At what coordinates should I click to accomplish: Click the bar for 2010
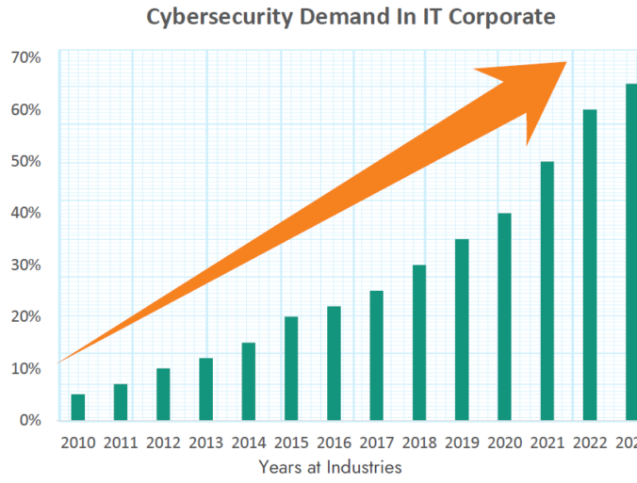pyautogui.click(x=77, y=407)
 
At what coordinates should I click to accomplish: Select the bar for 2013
pyautogui.click(x=205, y=389)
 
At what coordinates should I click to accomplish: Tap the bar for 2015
pyautogui.click(x=291, y=368)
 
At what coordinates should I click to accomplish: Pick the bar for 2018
pyautogui.click(x=419, y=343)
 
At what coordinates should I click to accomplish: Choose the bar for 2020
pyautogui.click(x=504, y=316)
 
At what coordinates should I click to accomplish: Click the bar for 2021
pyautogui.click(x=547, y=291)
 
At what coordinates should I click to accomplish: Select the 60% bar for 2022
pyautogui.click(x=590, y=265)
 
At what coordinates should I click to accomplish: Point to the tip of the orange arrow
pyautogui.click(x=565, y=63)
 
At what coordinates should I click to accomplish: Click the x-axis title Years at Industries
pyautogui.click(x=330, y=466)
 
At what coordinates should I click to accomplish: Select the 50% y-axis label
pyautogui.click(x=25, y=161)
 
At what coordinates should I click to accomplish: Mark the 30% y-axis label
pyautogui.click(x=25, y=265)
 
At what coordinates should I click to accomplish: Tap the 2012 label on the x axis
pyautogui.click(x=163, y=442)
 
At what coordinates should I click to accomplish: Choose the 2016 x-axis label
pyautogui.click(x=334, y=442)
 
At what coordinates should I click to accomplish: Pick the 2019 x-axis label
pyautogui.click(x=462, y=442)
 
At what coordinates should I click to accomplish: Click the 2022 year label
pyautogui.click(x=590, y=442)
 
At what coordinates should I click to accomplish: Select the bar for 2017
pyautogui.click(x=376, y=355)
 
